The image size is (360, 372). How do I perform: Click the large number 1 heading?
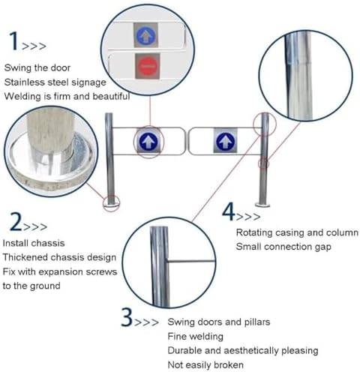pyautogui.click(x=13, y=41)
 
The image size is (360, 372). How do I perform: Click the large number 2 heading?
pyautogui.click(x=14, y=222)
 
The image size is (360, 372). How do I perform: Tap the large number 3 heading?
pyautogui.click(x=127, y=319)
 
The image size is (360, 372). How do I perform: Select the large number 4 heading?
pyautogui.click(x=229, y=211)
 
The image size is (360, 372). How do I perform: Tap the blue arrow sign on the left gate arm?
pyautogui.click(x=148, y=139)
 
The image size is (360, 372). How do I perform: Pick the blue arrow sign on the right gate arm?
pyautogui.click(x=224, y=140)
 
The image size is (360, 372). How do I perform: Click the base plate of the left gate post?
pyautogui.click(x=111, y=201)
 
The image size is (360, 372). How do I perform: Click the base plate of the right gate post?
pyautogui.click(x=263, y=202)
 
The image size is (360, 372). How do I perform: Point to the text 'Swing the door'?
pyautogui.click(x=36, y=67)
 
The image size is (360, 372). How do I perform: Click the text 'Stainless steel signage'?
pyautogui.click(x=55, y=82)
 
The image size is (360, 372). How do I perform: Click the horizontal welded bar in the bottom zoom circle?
pyautogui.click(x=187, y=261)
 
